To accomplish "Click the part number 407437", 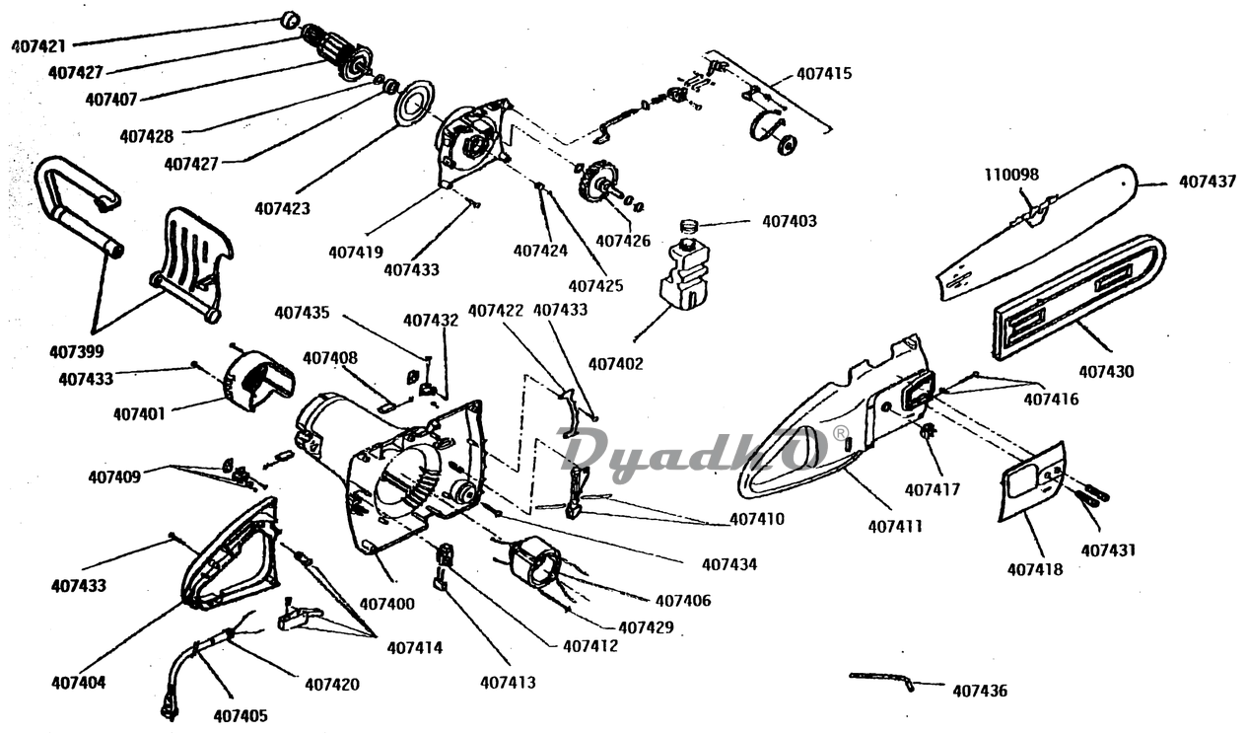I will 1209,182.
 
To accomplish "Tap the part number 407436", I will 980,692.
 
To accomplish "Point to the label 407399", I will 77,350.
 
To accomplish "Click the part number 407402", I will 616,364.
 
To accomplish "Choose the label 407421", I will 38,46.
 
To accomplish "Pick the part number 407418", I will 1035,569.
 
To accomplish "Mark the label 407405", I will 241,716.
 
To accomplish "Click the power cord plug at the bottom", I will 168,707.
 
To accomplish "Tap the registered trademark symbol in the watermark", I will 840,433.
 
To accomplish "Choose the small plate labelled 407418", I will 1032,478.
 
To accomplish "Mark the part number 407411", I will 895,527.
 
